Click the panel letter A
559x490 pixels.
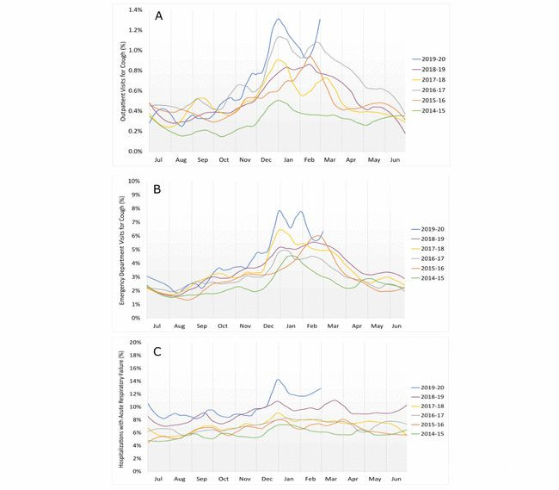(159, 16)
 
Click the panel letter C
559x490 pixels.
(158, 351)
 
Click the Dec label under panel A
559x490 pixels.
(266, 160)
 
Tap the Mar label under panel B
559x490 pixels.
(329, 326)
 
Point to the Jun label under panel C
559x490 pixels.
(395, 478)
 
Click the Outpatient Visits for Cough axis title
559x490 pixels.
(123, 82)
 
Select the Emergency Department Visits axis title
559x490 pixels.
(123, 250)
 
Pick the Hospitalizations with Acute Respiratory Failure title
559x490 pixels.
(123, 408)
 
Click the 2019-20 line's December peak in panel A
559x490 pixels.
(279, 19)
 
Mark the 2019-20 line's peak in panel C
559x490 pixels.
(278, 379)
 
